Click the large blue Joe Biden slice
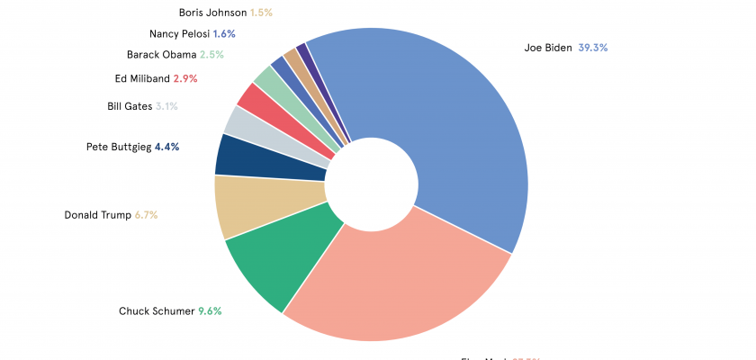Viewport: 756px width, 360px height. (441, 126)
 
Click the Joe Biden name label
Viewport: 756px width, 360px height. (548, 48)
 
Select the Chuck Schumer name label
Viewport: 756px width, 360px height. (157, 311)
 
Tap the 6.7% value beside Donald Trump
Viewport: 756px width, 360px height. (147, 215)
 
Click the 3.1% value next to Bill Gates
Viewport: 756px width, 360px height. (166, 106)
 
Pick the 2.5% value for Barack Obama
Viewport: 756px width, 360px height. (212, 55)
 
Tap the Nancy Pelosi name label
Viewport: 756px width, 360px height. (179, 34)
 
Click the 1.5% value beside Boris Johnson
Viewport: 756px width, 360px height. (261, 13)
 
